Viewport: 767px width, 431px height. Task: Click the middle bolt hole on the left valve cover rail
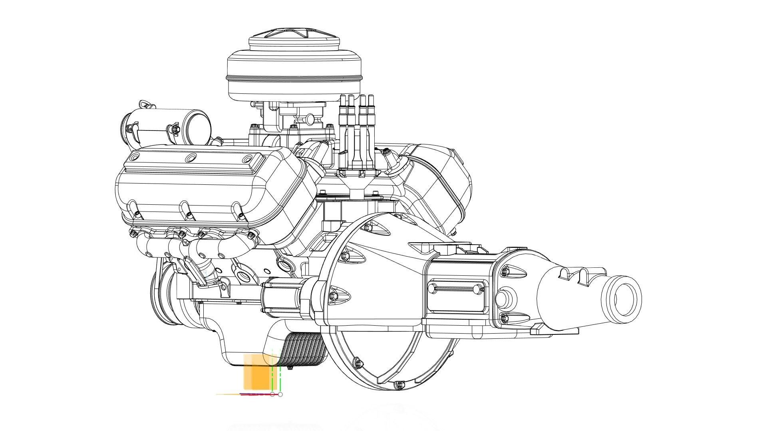pos(191,158)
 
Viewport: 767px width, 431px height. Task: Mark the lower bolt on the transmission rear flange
pos(504,318)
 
